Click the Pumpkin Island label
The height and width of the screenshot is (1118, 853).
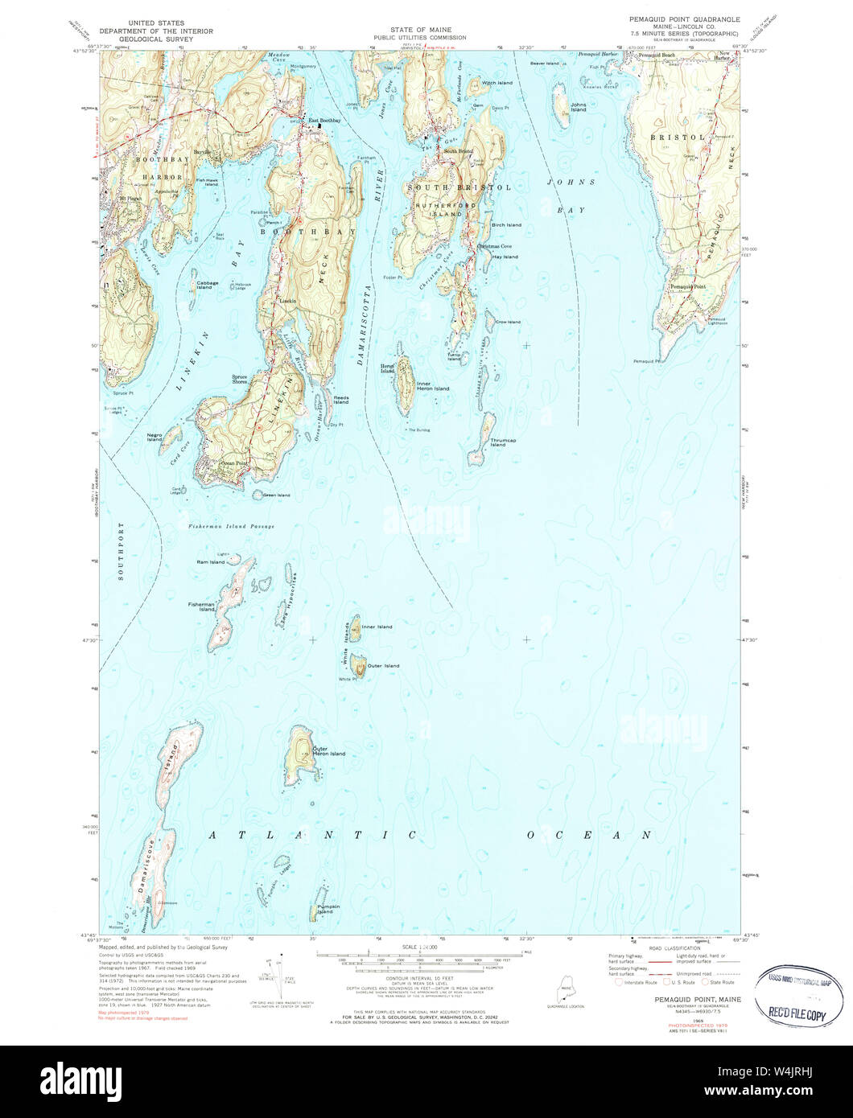tap(324, 910)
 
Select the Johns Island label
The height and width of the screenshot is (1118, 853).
tap(578, 107)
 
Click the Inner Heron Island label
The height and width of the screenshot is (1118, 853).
tap(433, 386)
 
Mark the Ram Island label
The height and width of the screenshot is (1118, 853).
tap(211, 562)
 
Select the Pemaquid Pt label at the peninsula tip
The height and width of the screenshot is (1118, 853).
tap(646, 360)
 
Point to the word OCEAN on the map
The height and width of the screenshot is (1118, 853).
tap(589, 836)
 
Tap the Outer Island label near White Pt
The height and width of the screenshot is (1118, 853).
tap(383, 666)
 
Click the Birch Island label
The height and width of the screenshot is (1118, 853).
tap(506, 225)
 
